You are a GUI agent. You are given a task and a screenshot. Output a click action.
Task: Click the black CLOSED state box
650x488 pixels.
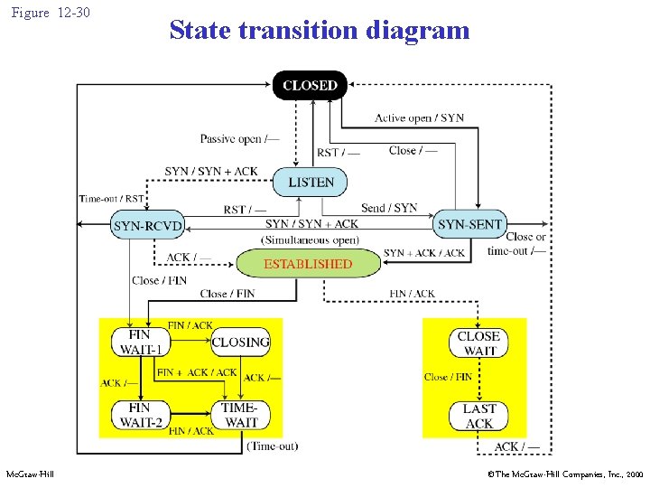pos(310,85)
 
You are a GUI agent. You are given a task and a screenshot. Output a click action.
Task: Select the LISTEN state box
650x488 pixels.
pos(311,182)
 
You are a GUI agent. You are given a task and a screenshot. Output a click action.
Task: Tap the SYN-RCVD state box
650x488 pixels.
pos(148,225)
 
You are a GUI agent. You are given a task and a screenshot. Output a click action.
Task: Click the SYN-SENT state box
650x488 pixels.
pos(469,223)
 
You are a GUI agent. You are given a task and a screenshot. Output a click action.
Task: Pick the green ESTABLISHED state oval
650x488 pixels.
pos(307,264)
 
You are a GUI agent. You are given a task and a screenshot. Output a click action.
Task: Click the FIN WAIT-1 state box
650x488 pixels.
pos(140,343)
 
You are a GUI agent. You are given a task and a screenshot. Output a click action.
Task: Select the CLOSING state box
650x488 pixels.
pos(240,343)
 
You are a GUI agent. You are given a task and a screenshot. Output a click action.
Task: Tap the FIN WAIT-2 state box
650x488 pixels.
pos(140,415)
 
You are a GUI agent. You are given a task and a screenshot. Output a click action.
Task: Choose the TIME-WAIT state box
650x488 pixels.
pos(240,415)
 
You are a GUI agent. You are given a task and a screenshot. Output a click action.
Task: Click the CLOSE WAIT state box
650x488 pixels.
pos(478,343)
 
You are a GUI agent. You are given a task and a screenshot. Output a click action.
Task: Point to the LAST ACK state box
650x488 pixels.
pos(478,416)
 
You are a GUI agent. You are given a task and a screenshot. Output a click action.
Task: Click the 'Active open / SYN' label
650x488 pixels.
pos(420,118)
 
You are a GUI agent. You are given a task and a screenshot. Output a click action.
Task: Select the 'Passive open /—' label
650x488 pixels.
pos(240,139)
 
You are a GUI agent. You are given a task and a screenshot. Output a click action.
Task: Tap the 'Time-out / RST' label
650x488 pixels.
pos(111,199)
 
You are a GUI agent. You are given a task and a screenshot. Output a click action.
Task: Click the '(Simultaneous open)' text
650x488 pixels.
pos(310,239)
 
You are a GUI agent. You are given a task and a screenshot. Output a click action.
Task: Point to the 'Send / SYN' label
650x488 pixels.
pos(389,208)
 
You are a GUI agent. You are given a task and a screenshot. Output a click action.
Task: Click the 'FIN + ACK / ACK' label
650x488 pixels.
pos(197,372)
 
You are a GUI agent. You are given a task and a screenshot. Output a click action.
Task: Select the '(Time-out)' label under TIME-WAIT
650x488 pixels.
pos(272,446)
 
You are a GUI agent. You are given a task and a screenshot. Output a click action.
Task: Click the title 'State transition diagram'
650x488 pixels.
pos(320,30)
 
